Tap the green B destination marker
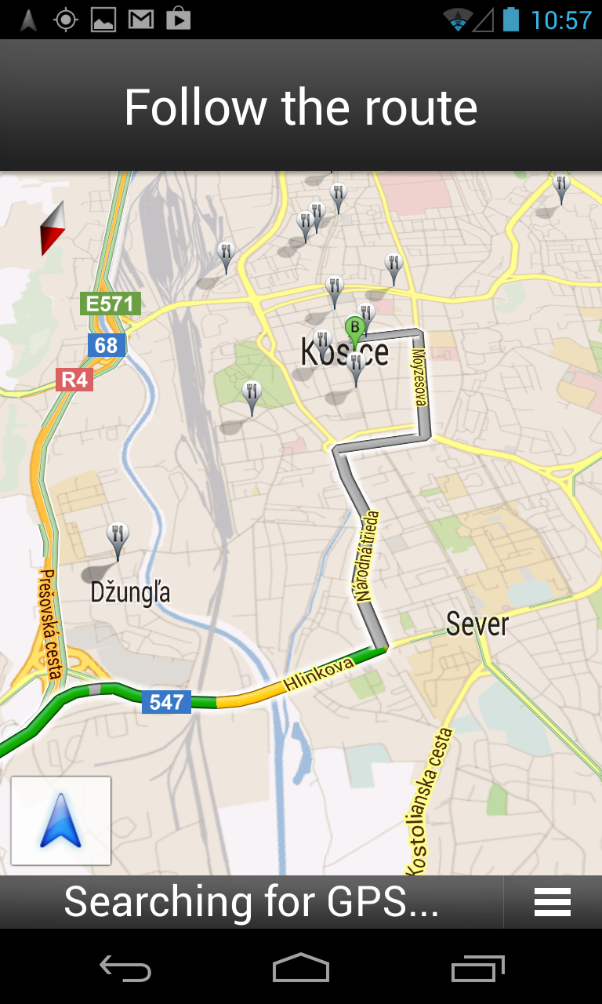coord(355,327)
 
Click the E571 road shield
coord(111,304)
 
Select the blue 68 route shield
coord(106,345)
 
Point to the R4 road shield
coord(74,380)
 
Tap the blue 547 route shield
coord(166,702)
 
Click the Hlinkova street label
coord(319,674)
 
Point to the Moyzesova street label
coord(420,377)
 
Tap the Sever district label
coord(477,624)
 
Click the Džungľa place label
coord(130,592)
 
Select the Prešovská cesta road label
coord(49,624)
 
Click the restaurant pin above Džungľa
coord(118,538)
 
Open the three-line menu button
coord(552,903)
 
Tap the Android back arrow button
coord(125,969)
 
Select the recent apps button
coord(478,969)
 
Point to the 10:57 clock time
coord(560,20)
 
